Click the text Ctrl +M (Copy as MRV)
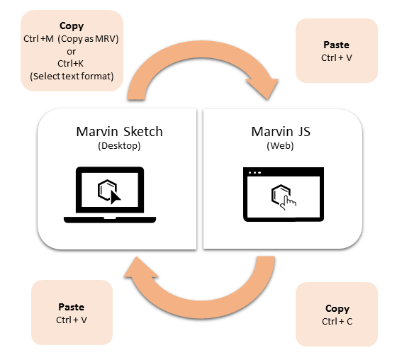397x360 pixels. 71,38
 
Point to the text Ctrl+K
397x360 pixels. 72,63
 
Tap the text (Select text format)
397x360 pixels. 72,75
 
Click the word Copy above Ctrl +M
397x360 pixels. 72,26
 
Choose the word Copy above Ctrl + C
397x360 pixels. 337,309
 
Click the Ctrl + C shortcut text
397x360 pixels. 337,322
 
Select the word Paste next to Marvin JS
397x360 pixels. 335,45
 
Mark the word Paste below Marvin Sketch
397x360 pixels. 71,308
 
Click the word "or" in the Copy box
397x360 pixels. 72,50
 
